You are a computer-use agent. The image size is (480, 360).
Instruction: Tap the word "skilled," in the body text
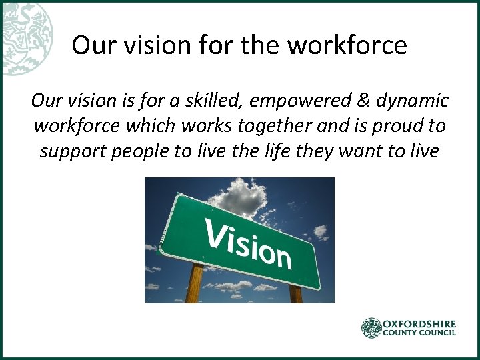point(215,101)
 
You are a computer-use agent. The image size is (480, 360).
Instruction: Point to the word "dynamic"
point(411,101)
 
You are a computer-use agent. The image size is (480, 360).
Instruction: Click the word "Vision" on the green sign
point(247,239)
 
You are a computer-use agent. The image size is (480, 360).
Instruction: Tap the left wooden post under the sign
point(194,283)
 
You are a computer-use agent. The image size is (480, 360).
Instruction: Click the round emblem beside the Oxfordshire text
point(371,328)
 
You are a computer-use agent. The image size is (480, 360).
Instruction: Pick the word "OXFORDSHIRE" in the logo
point(419,323)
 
